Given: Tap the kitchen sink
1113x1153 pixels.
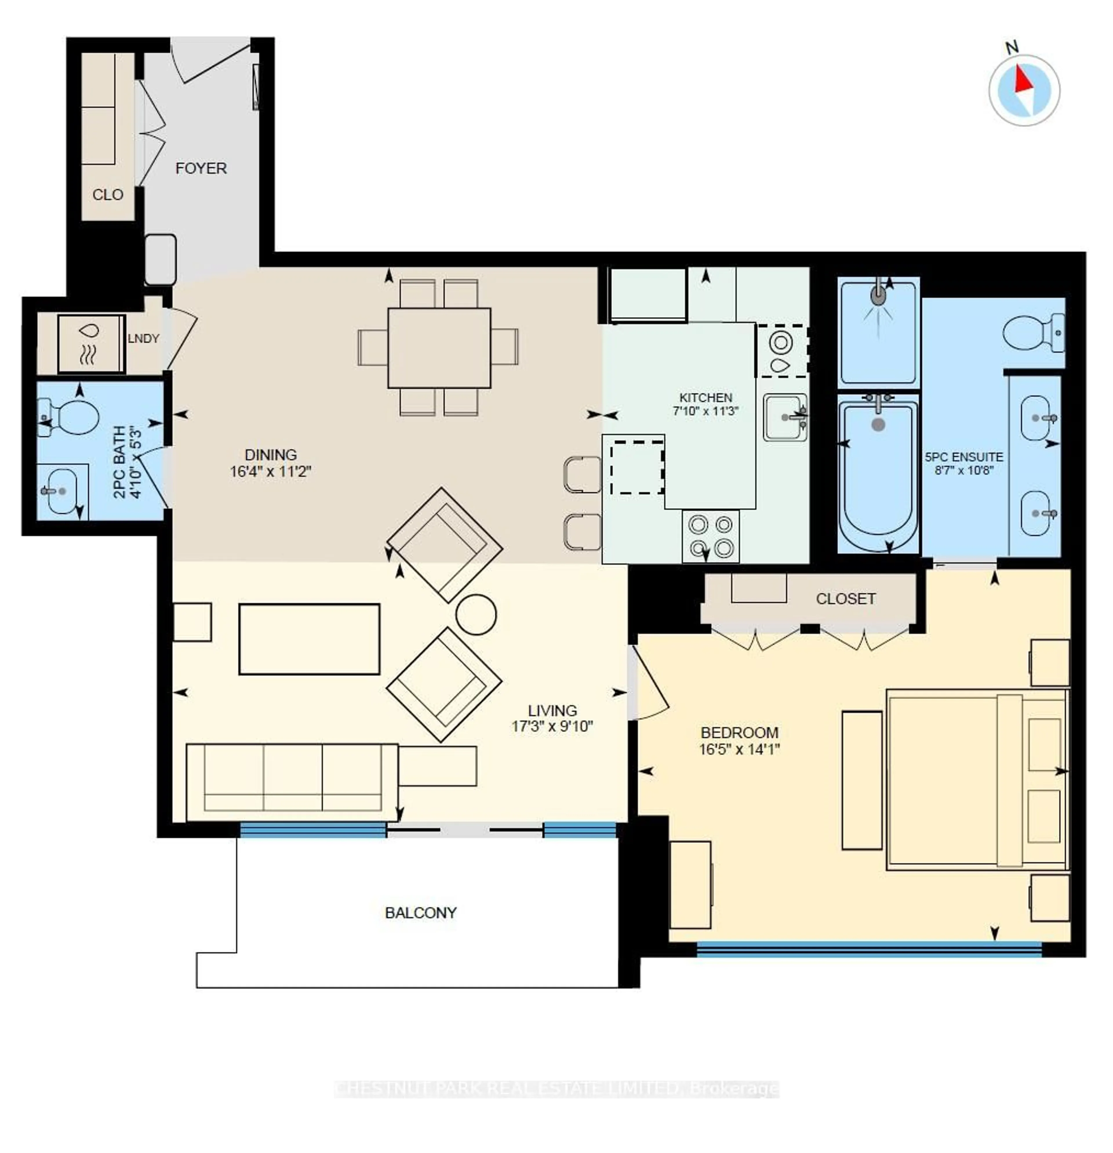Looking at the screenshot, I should point(784,417).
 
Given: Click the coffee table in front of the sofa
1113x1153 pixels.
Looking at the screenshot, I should point(309,639).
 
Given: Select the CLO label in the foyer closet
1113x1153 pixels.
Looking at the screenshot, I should point(108,195).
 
